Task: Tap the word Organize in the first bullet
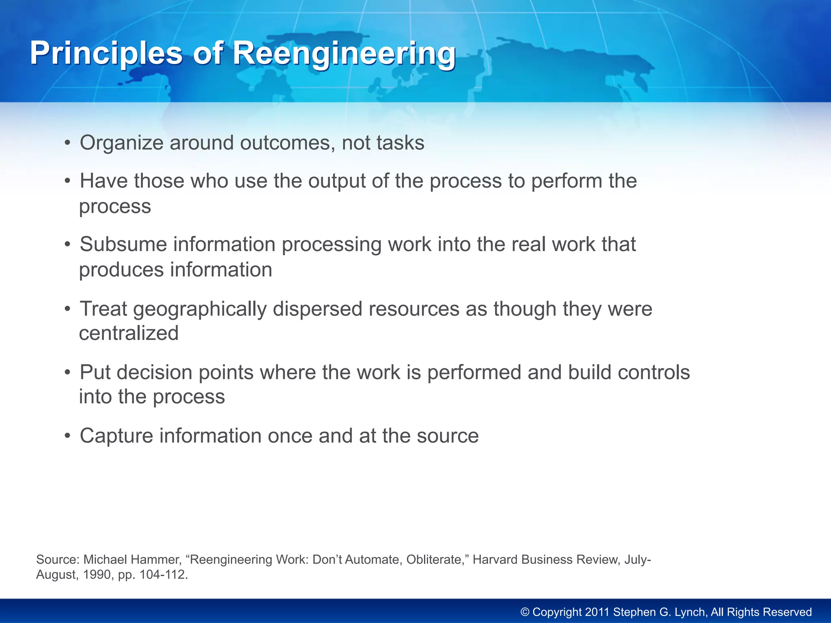[121, 143]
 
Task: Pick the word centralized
[129, 333]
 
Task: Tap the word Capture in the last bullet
[116, 436]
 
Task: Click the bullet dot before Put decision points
[68, 372]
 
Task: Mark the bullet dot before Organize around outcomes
[68, 143]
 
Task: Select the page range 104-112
[162, 575]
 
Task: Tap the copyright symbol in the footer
[525, 612]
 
